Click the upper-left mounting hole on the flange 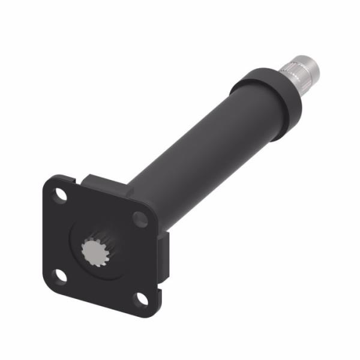tap(59, 195)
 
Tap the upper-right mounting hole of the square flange tap(140, 219)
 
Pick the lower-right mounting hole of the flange tap(140, 298)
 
